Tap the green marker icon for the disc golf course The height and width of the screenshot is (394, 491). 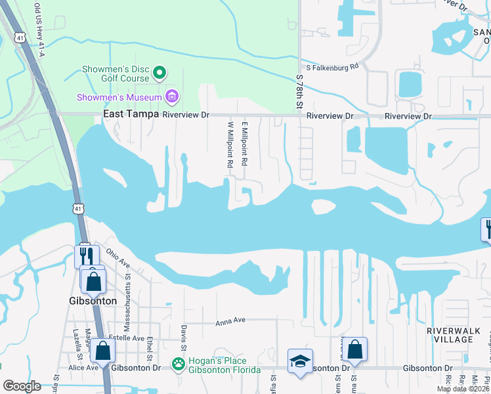pos(160,72)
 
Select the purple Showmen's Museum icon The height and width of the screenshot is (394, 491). pos(172,98)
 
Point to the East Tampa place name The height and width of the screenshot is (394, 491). pos(131,115)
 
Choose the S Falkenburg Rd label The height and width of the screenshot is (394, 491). pos(332,67)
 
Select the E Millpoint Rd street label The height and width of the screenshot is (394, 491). pos(244,142)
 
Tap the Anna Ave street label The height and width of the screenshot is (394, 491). pos(230,320)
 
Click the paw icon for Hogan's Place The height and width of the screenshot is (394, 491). pos(178,363)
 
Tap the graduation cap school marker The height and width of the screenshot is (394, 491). pos(300,361)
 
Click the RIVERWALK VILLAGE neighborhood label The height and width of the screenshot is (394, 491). pos(450,335)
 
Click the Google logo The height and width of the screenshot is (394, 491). pos(22,386)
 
